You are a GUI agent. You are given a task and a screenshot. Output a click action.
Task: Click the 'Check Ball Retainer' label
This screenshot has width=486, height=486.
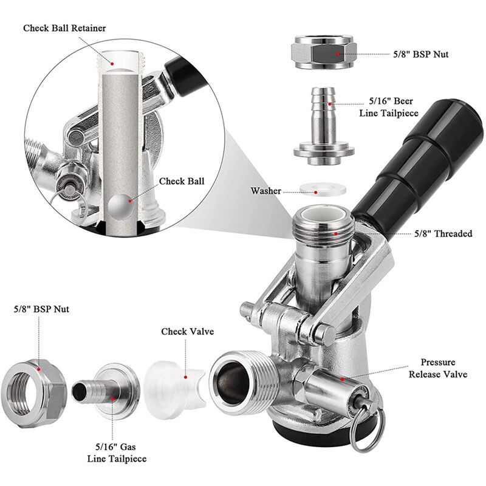64,28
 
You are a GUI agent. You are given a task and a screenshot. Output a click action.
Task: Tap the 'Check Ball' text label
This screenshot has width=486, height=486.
182,181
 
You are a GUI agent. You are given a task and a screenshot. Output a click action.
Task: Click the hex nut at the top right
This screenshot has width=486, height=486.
324,54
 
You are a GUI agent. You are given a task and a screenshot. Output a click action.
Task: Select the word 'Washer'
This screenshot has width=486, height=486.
265,191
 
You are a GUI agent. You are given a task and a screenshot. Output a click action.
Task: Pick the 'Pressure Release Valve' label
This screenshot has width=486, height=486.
437,368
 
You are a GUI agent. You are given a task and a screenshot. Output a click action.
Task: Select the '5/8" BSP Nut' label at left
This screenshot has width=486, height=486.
41,309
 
